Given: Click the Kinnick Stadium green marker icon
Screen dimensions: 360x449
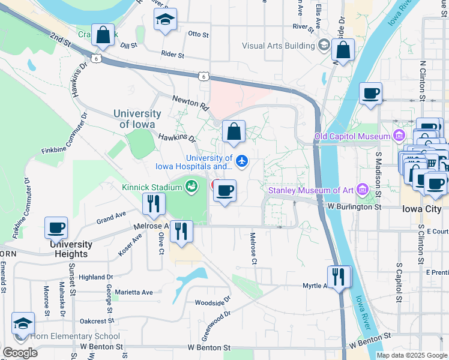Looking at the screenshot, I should pyautogui.click(x=191, y=187).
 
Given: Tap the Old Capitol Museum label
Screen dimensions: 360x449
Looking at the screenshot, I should pyautogui.click(x=352, y=137).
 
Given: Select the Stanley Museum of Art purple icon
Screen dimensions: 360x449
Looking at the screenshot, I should pyautogui.click(x=361, y=191).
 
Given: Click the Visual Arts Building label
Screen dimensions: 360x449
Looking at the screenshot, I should pyautogui.click(x=278, y=46).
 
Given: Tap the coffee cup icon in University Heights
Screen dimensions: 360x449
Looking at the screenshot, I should pyautogui.click(x=56, y=229).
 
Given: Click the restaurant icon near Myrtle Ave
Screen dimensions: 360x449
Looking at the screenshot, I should pyautogui.click(x=339, y=277).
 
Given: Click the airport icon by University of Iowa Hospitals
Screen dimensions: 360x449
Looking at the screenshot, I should pyautogui.click(x=242, y=161).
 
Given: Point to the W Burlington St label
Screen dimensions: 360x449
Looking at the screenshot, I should pyautogui.click(x=355, y=206).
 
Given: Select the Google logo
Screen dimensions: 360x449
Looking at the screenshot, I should pyautogui.click(x=20, y=353).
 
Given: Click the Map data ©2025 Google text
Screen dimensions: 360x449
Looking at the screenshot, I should pyautogui.click(x=411, y=355).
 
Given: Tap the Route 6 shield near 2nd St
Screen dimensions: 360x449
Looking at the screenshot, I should pyautogui.click(x=96, y=59).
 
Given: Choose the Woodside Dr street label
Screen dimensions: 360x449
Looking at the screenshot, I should pyautogui.click(x=209, y=302).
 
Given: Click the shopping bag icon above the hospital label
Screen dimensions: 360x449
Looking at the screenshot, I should pyautogui.click(x=234, y=132).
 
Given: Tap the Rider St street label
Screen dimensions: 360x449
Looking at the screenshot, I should pyautogui.click(x=172, y=55).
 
